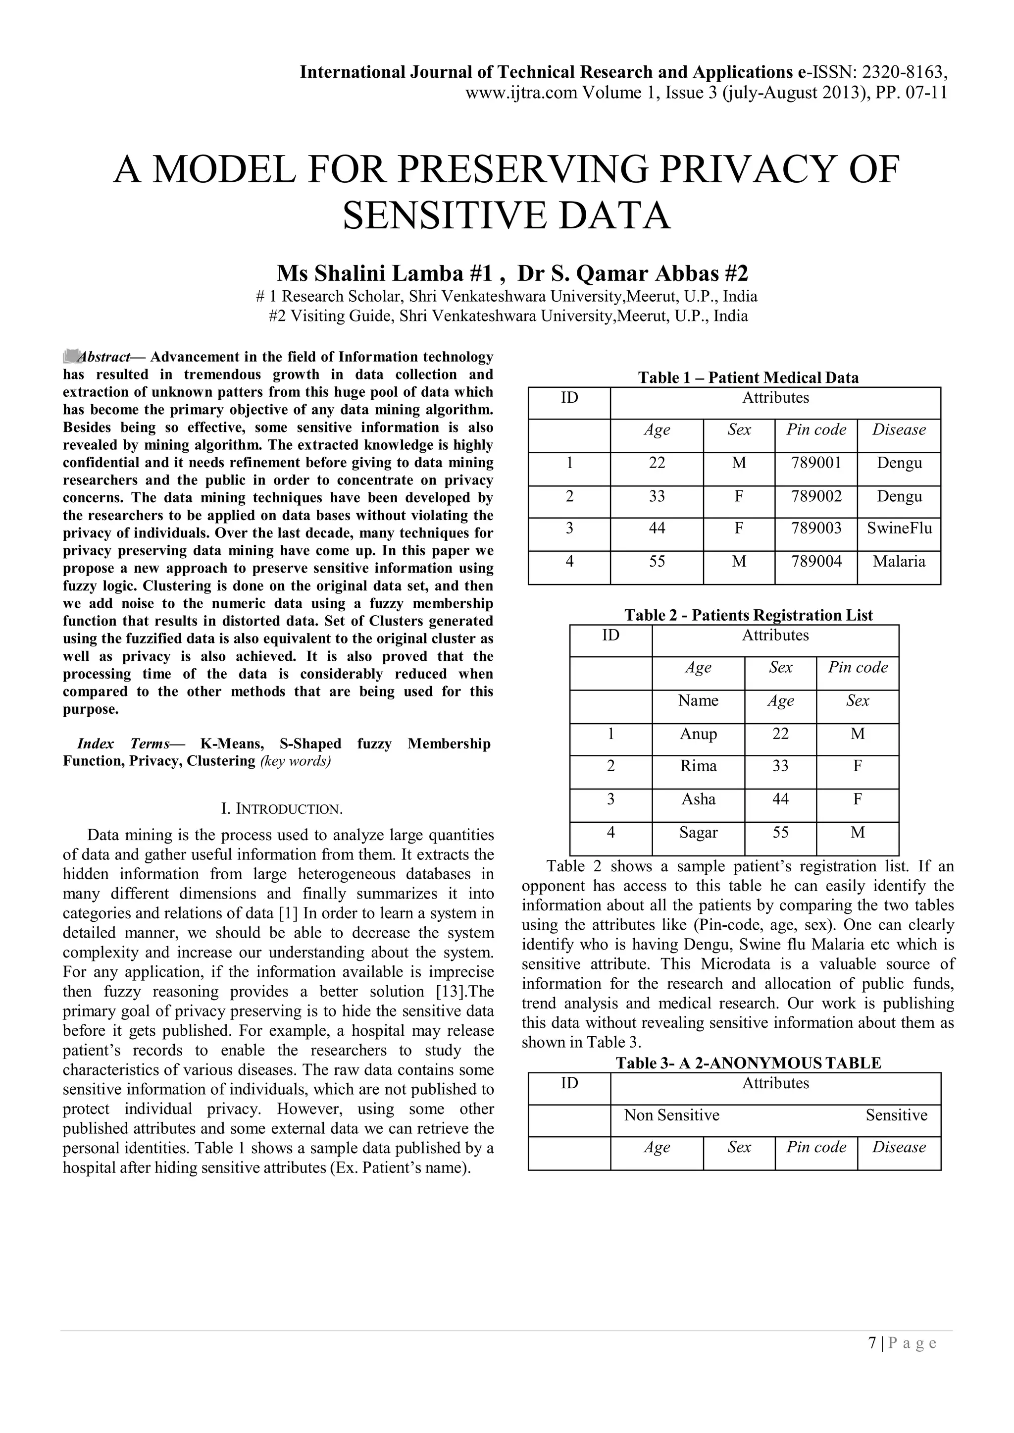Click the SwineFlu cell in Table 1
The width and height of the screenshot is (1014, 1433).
899,529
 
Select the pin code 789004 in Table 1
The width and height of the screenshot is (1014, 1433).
816,562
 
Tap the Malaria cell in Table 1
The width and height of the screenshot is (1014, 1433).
899,562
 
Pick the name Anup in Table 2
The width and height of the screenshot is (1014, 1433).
698,734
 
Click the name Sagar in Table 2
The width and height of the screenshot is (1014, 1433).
698,833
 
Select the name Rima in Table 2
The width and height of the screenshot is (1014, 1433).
698,766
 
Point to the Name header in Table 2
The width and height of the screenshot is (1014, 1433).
698,701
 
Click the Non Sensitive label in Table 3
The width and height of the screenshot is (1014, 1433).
671,1115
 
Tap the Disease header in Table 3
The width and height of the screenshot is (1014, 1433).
899,1148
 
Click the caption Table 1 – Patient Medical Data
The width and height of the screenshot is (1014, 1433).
748,378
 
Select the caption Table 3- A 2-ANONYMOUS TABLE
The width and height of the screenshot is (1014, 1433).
748,1063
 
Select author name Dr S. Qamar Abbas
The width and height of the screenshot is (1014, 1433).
632,273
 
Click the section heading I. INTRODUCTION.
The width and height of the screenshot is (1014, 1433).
282,809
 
